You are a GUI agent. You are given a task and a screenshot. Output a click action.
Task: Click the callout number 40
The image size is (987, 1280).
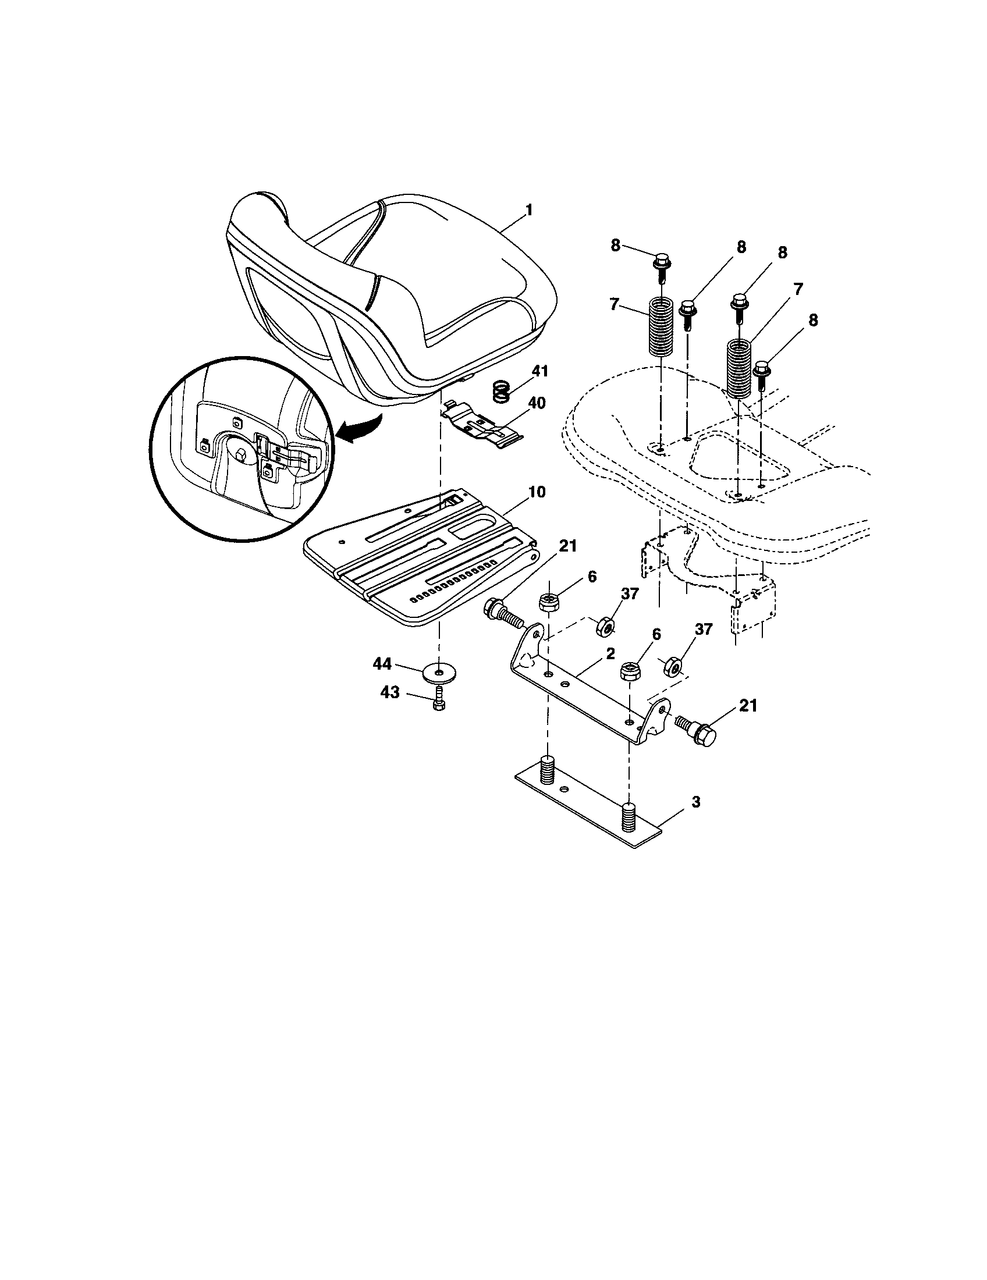(537, 403)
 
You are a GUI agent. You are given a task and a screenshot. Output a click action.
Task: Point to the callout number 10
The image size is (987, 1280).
(537, 492)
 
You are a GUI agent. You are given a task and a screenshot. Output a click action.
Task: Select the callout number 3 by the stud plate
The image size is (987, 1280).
(695, 801)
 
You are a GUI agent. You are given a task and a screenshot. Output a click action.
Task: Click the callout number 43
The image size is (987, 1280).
(390, 693)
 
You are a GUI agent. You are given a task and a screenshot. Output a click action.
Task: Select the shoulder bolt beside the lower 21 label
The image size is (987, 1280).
(697, 730)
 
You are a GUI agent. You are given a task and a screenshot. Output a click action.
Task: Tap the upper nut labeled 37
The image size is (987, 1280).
(605, 627)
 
